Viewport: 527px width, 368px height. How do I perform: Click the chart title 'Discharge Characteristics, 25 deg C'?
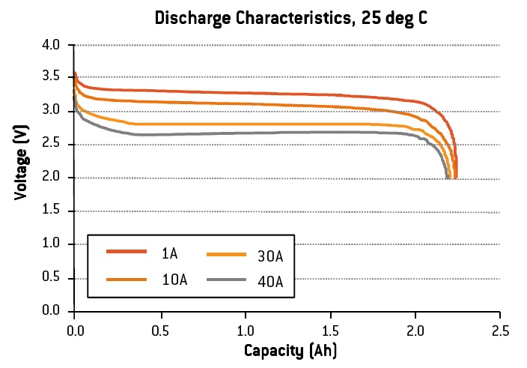291,18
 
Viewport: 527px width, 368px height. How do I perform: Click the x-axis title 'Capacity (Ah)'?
287,350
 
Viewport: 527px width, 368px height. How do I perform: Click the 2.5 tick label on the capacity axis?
501,330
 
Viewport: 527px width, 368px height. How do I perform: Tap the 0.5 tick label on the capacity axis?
159,330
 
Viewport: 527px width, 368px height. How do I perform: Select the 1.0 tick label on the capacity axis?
245,330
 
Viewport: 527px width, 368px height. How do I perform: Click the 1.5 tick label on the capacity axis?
330,330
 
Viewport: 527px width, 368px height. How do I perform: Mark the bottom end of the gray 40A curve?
447,178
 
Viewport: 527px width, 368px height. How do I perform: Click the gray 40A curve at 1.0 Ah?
245,133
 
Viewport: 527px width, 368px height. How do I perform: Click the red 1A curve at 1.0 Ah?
245,93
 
